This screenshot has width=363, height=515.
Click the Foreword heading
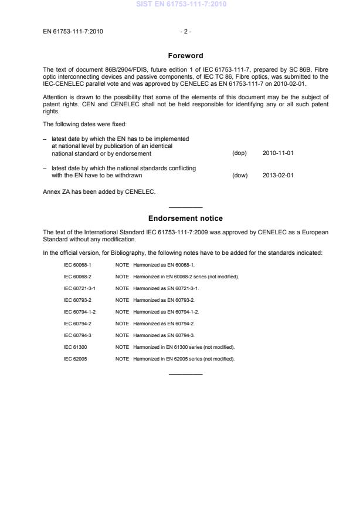185,56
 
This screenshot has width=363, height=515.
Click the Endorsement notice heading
185,218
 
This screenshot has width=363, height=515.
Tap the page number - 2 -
185,32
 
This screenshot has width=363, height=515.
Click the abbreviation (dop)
240,154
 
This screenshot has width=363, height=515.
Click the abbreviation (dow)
240,175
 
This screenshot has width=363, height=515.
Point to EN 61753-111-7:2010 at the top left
73,32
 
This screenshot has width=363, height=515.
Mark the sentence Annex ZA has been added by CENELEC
91,191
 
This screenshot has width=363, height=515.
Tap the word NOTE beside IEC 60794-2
122,324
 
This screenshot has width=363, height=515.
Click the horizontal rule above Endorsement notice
185,208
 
